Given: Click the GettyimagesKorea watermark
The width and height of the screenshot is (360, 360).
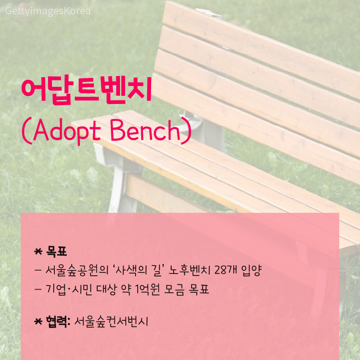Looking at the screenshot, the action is pyautogui.click(x=48, y=11).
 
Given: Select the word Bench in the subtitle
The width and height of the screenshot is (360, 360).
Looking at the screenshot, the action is pyautogui.click(x=145, y=130).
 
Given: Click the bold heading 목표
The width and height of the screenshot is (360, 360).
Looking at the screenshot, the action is pyautogui.click(x=56, y=251).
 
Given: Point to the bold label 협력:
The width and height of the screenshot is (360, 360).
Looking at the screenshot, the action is pyautogui.click(x=58, y=321).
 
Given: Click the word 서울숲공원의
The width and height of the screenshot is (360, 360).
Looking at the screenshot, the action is pyautogui.click(x=77, y=270).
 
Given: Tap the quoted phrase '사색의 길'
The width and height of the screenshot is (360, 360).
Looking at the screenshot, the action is pyautogui.click(x=140, y=270).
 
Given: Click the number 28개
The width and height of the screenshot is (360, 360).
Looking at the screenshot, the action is pyautogui.click(x=226, y=270).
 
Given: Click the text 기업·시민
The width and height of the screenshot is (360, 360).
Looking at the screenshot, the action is pyautogui.click(x=69, y=289).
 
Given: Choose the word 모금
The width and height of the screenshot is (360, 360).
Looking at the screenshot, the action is pyautogui.click(x=174, y=289).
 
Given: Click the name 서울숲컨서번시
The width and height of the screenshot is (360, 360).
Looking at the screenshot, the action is pyautogui.click(x=111, y=321).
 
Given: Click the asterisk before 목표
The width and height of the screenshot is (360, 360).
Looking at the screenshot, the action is pyautogui.click(x=38, y=252).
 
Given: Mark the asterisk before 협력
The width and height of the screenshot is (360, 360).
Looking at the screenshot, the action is pyautogui.click(x=38, y=322).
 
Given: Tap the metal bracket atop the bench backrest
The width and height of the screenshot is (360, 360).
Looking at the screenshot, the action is pyautogui.click(x=208, y=13).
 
